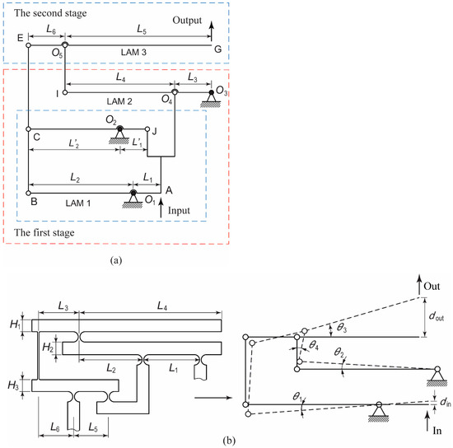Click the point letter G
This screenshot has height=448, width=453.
click(217, 52)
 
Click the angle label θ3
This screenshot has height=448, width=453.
click(342, 328)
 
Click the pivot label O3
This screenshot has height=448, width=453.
click(222, 87)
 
